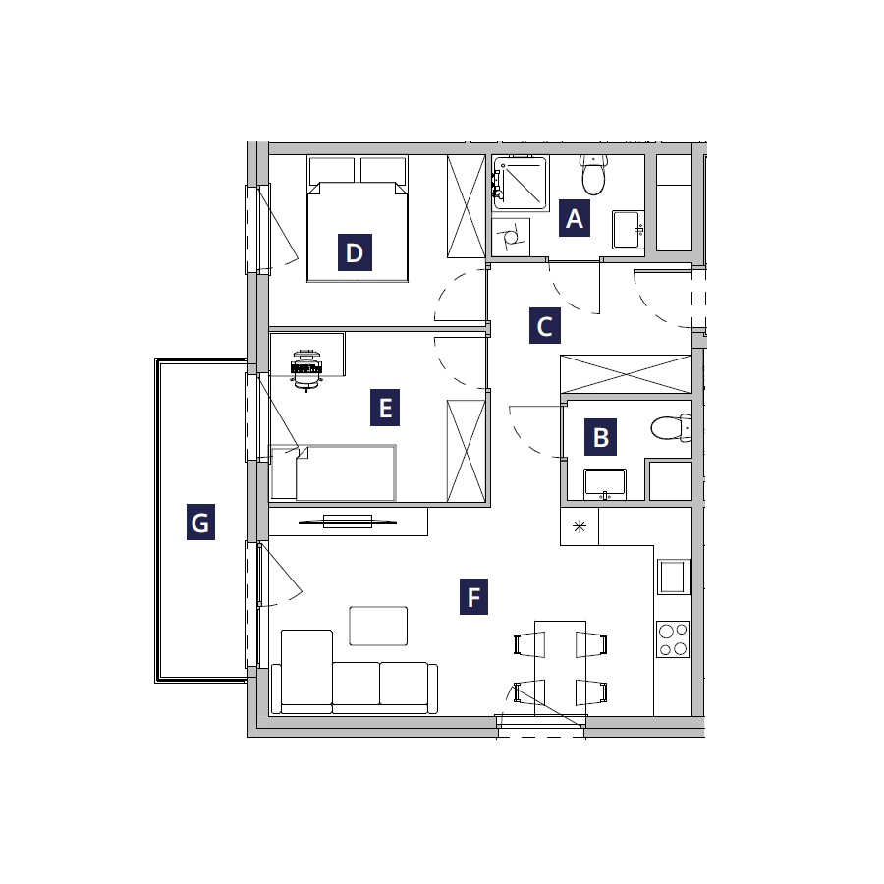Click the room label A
coord(574,218)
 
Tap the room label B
coord(600,437)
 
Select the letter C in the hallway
coord(544,326)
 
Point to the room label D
coord(355,252)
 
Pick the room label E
coord(385,408)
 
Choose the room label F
coord(473,596)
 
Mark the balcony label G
coord(200,523)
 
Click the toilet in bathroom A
coord(593,175)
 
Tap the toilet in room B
coord(671,428)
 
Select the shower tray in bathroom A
coord(520,184)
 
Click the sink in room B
coord(605,484)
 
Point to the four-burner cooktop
coord(673,639)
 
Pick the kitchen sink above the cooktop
coord(673,577)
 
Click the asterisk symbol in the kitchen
coord(580,526)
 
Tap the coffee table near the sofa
coord(378,626)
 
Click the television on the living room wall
coord(348,522)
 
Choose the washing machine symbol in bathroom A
coord(511,237)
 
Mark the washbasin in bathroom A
coord(628,230)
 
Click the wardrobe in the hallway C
coord(626,374)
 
